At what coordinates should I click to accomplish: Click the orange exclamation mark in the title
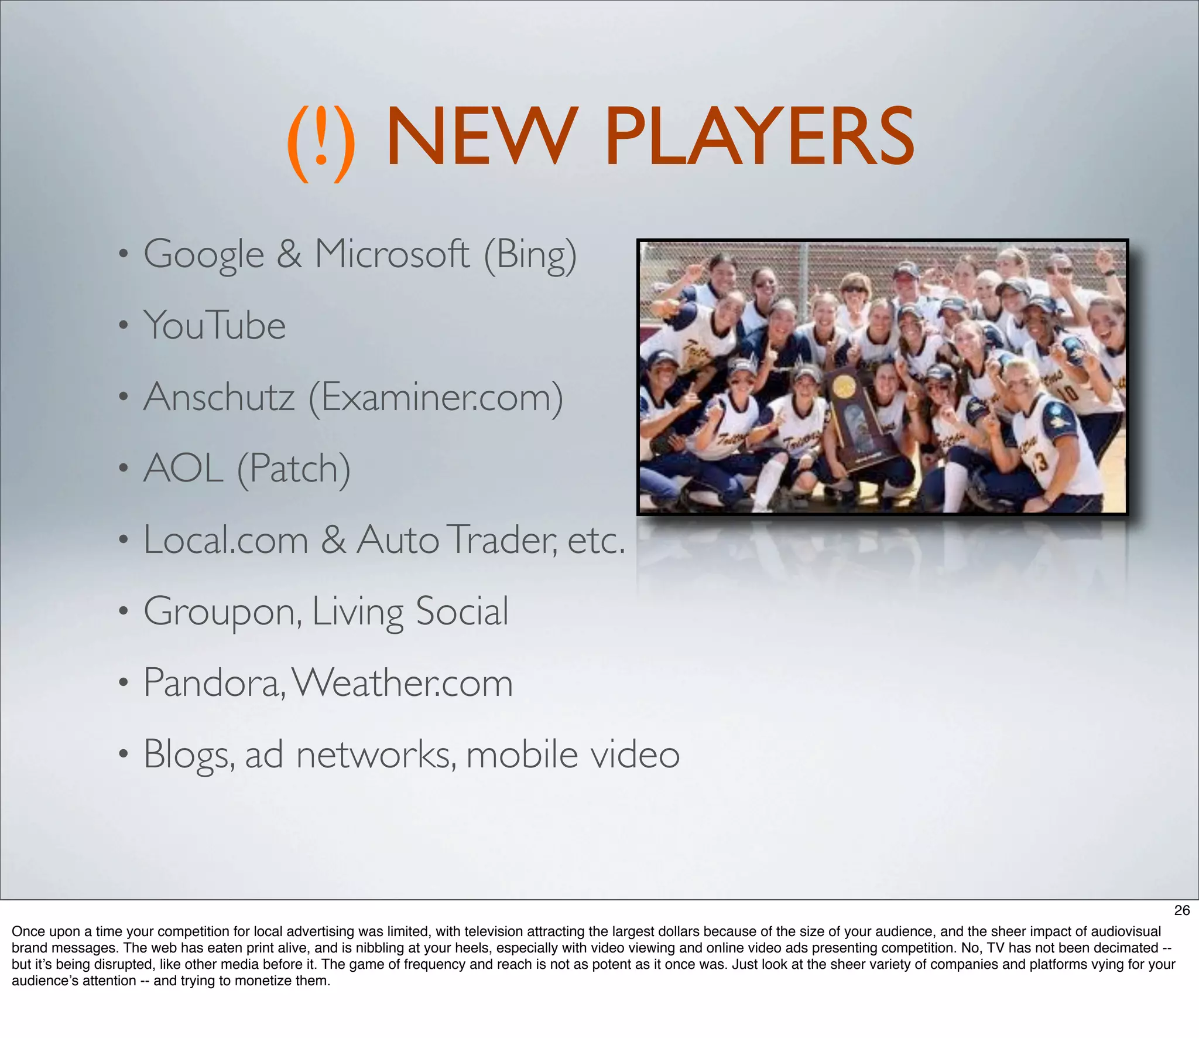[x=321, y=142]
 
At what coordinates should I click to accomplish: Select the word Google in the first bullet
[x=204, y=255]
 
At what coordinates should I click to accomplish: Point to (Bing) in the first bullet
[x=530, y=255]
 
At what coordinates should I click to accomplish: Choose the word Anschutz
[x=219, y=397]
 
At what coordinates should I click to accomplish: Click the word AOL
[x=183, y=468]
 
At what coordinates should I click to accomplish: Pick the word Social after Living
[x=462, y=611]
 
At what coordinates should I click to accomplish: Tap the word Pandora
[x=214, y=682]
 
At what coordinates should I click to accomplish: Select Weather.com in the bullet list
[x=403, y=682]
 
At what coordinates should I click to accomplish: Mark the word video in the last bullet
[x=635, y=754]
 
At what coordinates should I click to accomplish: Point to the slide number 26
[x=1182, y=910]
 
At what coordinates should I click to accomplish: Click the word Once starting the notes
[x=26, y=931]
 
